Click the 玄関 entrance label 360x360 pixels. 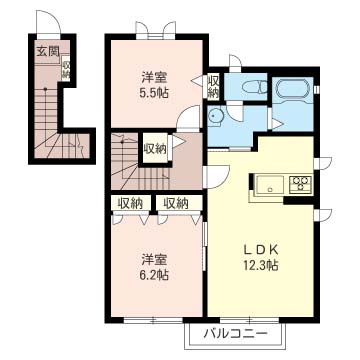48,51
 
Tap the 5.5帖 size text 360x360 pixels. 154,92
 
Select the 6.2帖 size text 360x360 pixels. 154,275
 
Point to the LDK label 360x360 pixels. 260,249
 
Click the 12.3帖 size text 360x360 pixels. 260,266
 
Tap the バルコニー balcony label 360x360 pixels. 236,333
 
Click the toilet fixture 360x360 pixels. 254,87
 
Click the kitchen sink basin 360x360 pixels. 270,185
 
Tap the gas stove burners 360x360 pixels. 300,184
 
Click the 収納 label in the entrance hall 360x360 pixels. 65,70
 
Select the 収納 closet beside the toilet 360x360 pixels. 213,86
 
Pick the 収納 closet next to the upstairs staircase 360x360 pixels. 156,149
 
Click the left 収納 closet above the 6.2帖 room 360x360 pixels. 131,203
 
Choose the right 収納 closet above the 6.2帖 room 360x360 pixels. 176,203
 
